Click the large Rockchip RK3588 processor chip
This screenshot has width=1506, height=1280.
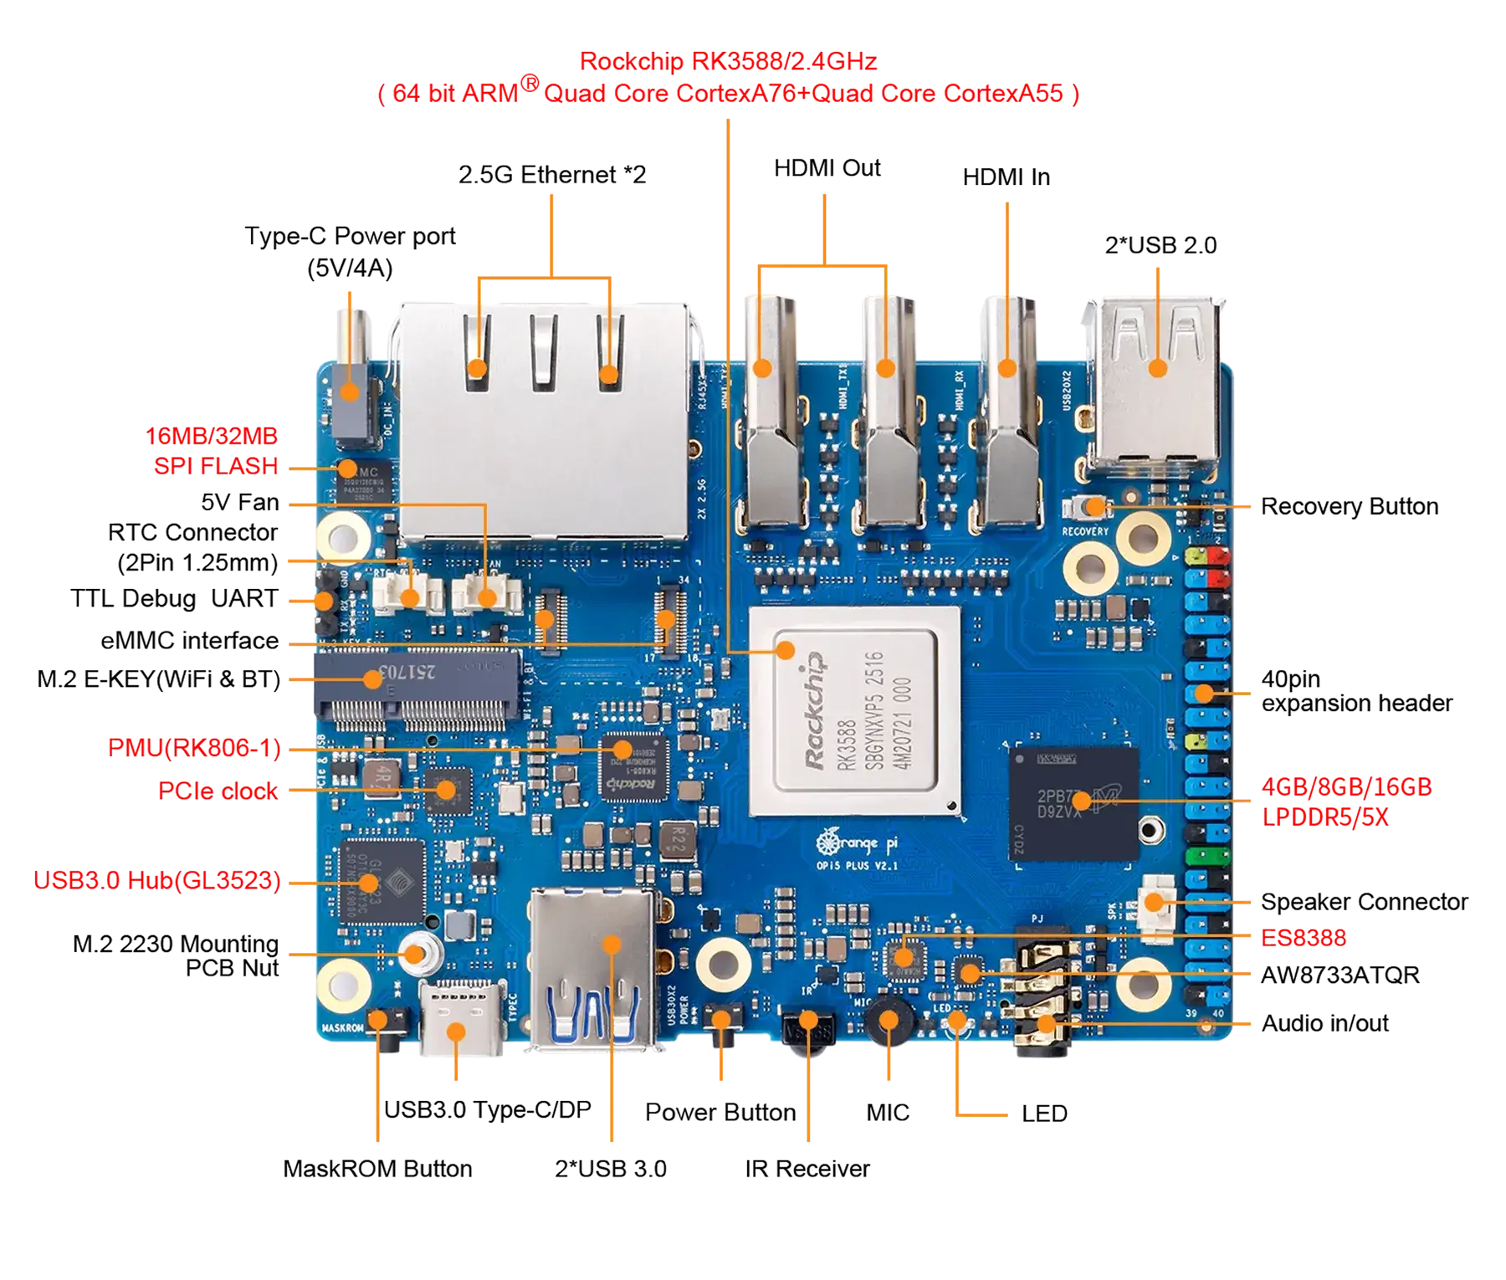[x=854, y=711]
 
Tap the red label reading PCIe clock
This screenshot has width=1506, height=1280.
[x=218, y=790]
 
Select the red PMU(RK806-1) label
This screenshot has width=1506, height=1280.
[x=194, y=747]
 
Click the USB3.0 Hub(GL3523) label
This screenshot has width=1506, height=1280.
[x=156, y=880]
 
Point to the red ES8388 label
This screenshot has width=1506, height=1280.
[x=1304, y=937]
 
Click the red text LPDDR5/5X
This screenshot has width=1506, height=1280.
[x=1324, y=817]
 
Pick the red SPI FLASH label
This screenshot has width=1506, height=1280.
[x=215, y=465]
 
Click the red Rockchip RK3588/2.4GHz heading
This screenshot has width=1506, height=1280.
[x=727, y=62]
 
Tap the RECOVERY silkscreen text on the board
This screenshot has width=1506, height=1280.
[x=1084, y=531]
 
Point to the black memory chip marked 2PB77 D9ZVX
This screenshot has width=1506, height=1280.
[x=1074, y=801]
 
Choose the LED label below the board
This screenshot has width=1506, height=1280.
[x=1042, y=1114]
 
